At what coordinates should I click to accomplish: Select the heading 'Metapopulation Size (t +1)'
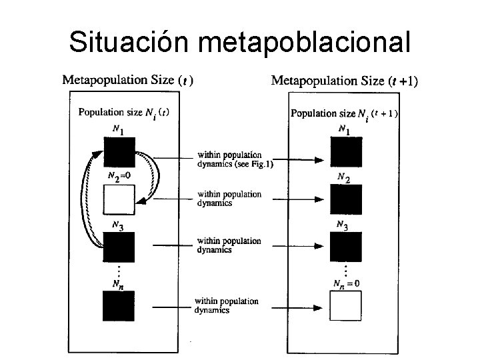pos(345,81)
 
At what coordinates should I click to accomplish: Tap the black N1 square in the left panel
pos(119,151)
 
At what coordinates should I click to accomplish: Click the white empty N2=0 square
pos(119,199)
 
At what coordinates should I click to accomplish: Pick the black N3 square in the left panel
pos(119,247)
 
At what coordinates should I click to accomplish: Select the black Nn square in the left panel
pos(119,306)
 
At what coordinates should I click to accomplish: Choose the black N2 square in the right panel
pos(347,199)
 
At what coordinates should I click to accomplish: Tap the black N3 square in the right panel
pos(347,247)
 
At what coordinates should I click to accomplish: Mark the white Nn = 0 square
pos(347,305)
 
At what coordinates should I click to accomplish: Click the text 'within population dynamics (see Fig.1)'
pos(234,159)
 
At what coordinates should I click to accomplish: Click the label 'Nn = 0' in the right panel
pos(347,283)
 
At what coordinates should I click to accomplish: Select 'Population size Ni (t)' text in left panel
pos(123,113)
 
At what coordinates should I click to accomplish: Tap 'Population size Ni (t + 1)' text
pos(344,113)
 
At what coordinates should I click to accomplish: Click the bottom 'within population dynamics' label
pos(226,305)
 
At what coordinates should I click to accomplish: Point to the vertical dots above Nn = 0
pos(346,270)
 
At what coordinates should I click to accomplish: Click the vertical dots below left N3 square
pos(118,270)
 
